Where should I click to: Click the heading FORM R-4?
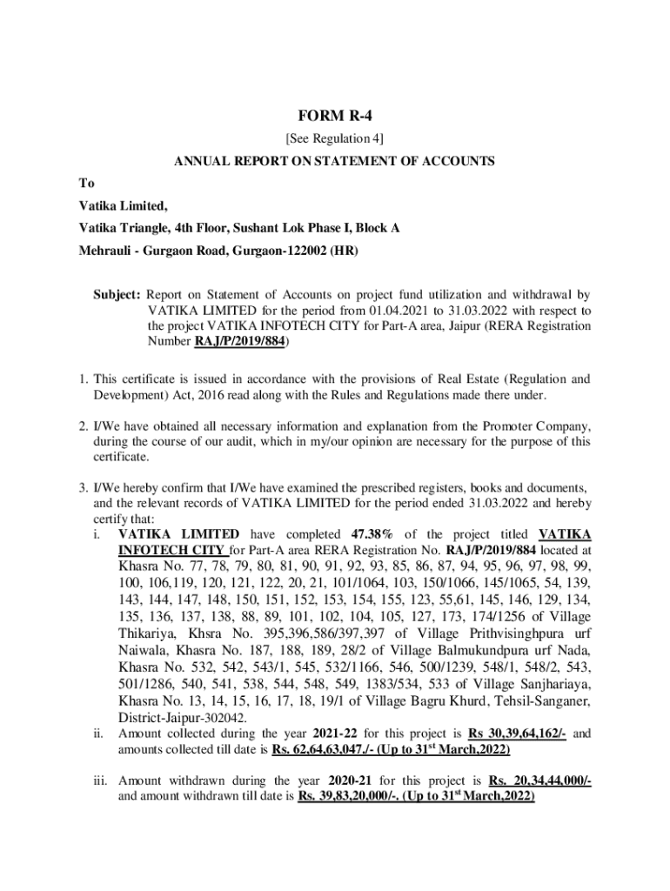click(x=334, y=115)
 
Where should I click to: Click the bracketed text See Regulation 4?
click(x=334, y=138)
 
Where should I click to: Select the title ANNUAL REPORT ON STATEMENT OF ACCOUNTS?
click(x=334, y=161)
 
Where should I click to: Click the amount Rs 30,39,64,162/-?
click(x=518, y=734)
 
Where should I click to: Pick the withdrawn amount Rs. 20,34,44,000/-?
click(x=540, y=780)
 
